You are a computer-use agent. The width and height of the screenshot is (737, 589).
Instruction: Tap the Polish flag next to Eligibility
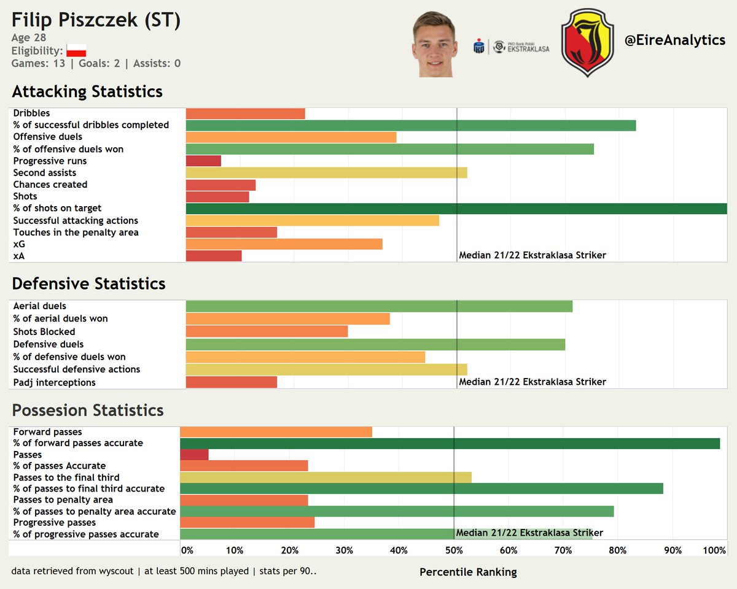(76, 51)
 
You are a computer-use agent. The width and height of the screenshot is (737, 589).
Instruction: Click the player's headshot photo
(436, 44)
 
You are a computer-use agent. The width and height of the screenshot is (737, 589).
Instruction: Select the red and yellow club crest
(587, 42)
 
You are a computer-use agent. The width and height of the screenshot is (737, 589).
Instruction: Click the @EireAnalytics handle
(674, 40)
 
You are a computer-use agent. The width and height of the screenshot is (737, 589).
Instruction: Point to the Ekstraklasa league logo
(512, 47)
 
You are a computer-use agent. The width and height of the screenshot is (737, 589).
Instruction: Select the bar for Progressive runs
(203, 161)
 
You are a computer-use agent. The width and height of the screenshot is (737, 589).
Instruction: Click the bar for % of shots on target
(456, 209)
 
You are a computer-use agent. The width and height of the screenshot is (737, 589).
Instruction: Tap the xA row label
(19, 256)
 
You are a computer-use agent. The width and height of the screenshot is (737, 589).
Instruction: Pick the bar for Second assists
(326, 173)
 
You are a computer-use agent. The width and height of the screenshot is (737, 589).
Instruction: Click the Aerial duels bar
(379, 306)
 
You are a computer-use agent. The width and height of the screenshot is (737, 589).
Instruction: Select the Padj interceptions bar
(231, 382)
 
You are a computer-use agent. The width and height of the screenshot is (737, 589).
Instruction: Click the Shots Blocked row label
(44, 332)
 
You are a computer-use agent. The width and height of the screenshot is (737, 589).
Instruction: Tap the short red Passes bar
(194, 455)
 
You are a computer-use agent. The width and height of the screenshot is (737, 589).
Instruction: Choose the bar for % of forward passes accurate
(450, 443)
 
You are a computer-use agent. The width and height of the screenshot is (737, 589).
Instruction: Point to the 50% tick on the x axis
(453, 550)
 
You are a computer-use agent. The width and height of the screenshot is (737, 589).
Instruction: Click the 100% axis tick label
(714, 550)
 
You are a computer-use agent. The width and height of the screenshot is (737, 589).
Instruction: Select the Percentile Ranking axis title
(468, 572)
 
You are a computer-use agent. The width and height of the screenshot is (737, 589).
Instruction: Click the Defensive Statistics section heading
(88, 283)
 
